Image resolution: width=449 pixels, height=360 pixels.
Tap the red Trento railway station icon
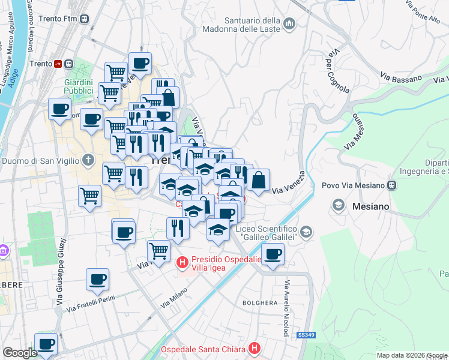point(58,64)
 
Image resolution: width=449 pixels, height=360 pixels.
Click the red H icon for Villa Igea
point(182,263)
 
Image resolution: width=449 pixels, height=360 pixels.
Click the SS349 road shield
point(306,335)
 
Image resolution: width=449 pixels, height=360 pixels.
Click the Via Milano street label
point(174,298)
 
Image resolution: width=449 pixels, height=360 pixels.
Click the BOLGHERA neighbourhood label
point(259,303)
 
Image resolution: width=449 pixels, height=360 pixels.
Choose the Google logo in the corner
point(19,353)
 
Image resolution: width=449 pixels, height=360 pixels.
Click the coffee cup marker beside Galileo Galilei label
point(273,254)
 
